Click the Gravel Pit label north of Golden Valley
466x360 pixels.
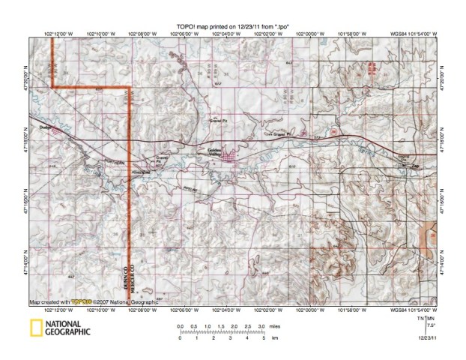tap(217, 120)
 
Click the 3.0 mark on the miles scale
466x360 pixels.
tap(260, 327)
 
